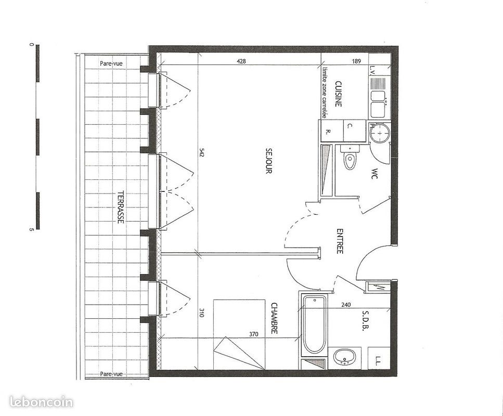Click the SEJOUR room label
[268, 161]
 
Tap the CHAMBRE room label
[274, 318]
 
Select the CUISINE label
[338, 94]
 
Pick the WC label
[373, 174]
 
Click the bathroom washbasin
[343, 357]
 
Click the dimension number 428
[241, 61]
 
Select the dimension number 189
[356, 61]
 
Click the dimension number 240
[346, 306]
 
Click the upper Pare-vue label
[111, 63]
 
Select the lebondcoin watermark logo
[41, 401]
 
